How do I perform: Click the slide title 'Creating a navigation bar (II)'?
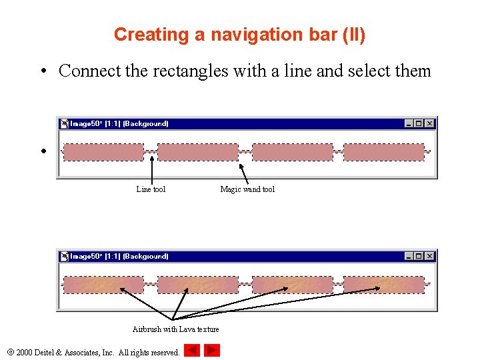[x=239, y=35]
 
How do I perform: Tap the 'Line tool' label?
[x=151, y=189]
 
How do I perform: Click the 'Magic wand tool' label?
[x=247, y=189]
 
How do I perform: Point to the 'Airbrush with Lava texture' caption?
[x=175, y=329]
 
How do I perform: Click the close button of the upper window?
[x=430, y=123]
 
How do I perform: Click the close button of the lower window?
[x=430, y=256]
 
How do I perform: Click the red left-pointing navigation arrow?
[x=192, y=350]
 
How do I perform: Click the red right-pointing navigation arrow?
[x=212, y=350]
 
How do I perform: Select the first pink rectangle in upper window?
[x=103, y=152]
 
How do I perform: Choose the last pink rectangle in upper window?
[x=383, y=152]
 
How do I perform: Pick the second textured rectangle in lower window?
[x=198, y=285]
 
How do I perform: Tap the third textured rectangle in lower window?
[x=292, y=285]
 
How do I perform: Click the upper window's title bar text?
[x=119, y=123]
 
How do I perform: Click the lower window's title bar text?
[x=119, y=256]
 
